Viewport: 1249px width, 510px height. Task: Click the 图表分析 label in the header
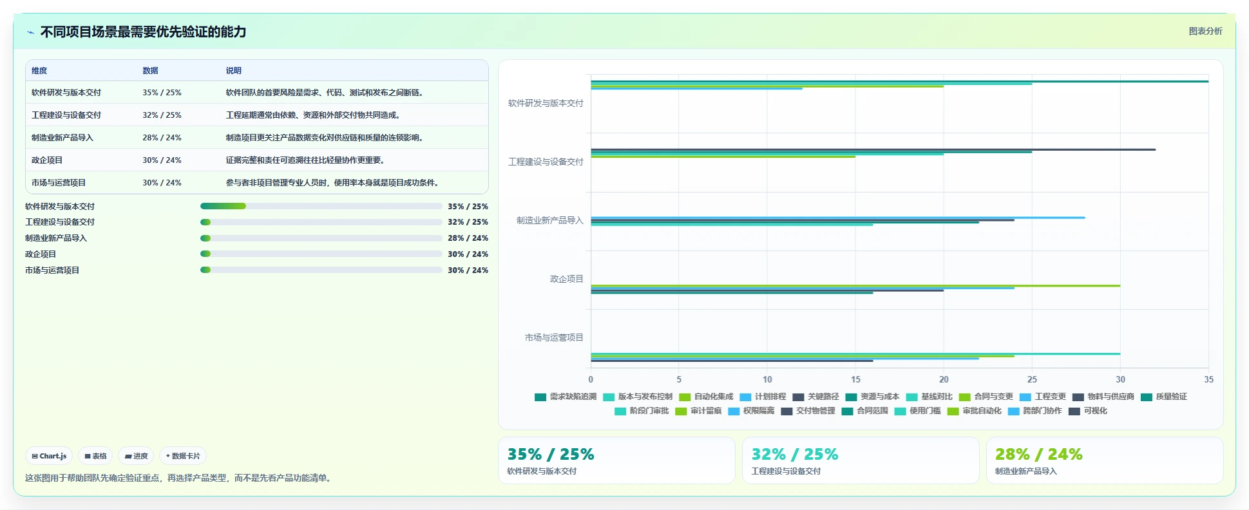pyautogui.click(x=1205, y=31)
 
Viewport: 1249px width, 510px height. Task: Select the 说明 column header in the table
pyautogui.click(x=233, y=71)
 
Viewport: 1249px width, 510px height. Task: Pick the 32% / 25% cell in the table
pyautogui.click(x=162, y=115)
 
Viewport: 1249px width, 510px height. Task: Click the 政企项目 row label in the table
pyautogui.click(x=47, y=160)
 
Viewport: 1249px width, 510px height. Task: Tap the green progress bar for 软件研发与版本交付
pyautogui.click(x=223, y=206)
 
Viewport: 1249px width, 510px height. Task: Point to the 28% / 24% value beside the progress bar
pyautogui.click(x=468, y=238)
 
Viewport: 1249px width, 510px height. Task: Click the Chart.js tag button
pyautogui.click(x=49, y=456)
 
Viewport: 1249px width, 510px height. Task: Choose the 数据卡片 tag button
pyautogui.click(x=183, y=456)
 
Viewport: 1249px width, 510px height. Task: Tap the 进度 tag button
pyautogui.click(x=136, y=456)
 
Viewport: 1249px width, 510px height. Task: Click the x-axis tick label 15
pyautogui.click(x=855, y=379)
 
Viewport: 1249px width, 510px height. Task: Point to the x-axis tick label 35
pyautogui.click(x=1208, y=379)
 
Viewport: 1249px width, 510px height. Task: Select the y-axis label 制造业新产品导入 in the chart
pyautogui.click(x=549, y=220)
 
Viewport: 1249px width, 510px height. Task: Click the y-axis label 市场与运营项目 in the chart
pyautogui.click(x=554, y=337)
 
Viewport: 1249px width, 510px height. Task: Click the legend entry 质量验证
pyautogui.click(x=1164, y=397)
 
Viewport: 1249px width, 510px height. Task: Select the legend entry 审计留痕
pyautogui.click(x=698, y=411)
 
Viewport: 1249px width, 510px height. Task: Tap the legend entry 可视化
pyautogui.click(x=1088, y=411)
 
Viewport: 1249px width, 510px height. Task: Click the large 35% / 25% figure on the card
pyautogui.click(x=551, y=454)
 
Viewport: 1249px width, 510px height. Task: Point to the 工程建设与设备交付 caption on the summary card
pyautogui.click(x=786, y=471)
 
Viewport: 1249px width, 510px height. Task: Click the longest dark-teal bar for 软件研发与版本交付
pyautogui.click(x=899, y=81)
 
